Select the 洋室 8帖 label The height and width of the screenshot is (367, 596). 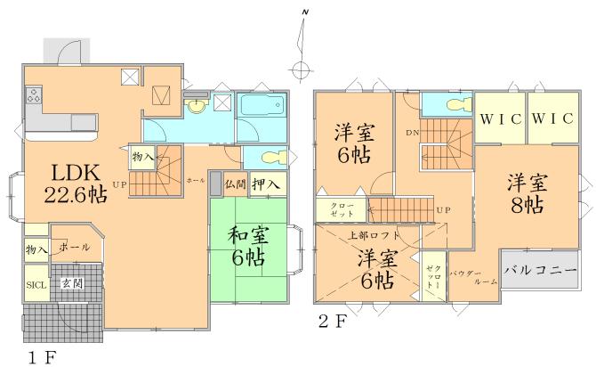[527, 194]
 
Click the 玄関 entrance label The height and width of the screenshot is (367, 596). [71, 282]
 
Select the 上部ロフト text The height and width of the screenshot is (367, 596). [374, 235]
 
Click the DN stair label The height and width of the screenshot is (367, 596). [412, 132]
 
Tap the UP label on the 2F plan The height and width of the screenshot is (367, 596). [442, 209]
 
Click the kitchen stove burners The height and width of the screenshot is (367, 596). [34, 93]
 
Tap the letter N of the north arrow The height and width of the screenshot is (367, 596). [304, 11]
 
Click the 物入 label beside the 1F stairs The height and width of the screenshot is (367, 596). [142, 157]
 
